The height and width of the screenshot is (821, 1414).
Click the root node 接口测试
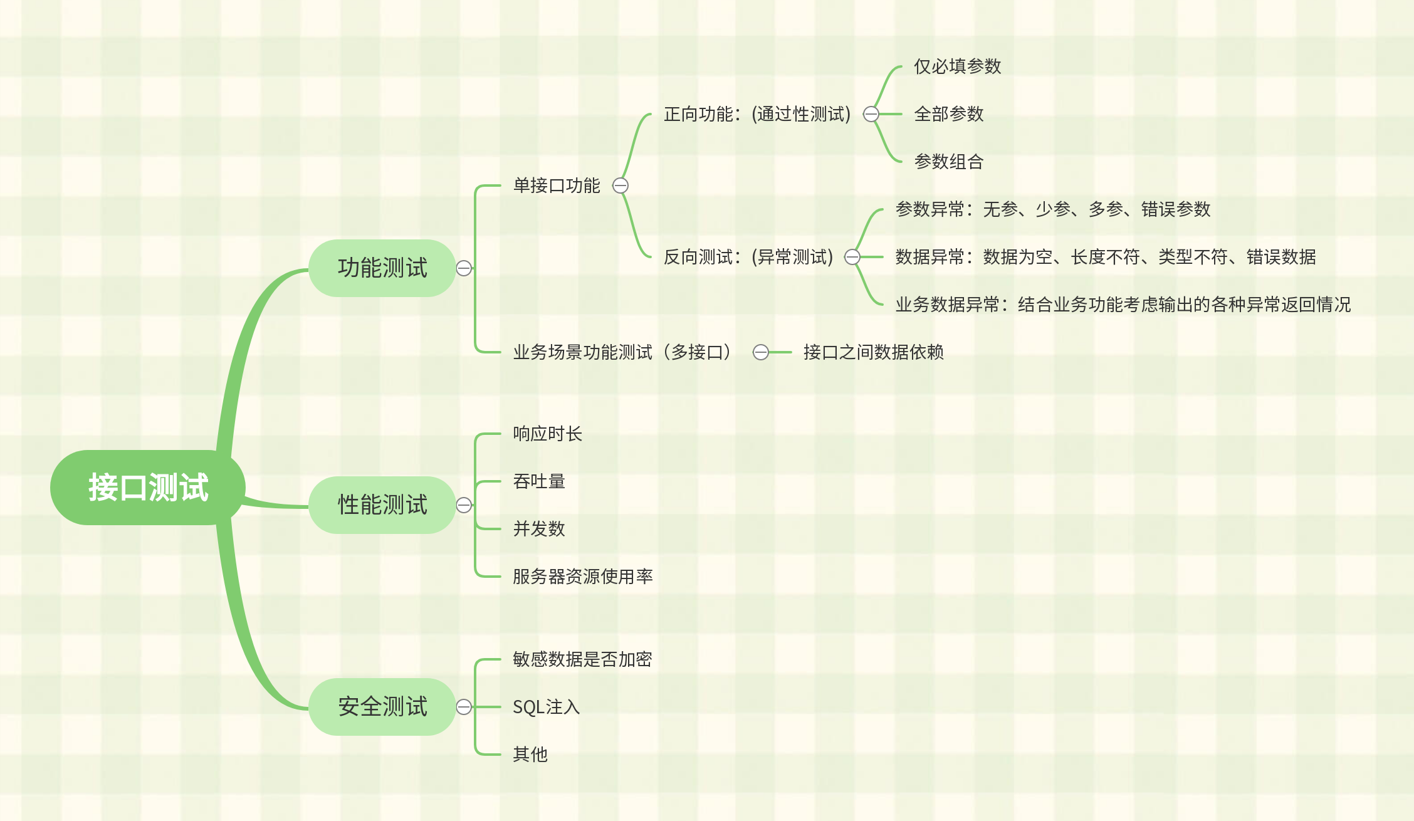click(148, 488)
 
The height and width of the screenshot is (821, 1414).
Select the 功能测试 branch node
click(382, 268)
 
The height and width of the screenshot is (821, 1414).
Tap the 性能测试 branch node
click(382, 505)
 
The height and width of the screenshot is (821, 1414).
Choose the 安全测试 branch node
click(382, 707)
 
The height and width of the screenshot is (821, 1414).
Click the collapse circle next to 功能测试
click(464, 268)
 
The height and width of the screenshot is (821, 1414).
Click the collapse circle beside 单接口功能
click(621, 186)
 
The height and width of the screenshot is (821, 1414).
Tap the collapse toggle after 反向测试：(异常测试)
click(852, 257)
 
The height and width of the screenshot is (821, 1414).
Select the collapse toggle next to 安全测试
click(464, 707)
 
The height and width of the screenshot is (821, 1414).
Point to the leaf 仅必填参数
click(957, 66)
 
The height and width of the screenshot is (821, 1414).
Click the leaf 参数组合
click(948, 162)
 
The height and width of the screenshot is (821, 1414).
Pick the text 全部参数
click(948, 114)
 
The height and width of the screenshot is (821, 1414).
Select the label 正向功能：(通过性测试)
click(757, 114)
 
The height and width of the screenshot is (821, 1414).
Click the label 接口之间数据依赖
click(873, 352)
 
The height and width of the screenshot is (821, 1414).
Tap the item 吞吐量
click(539, 481)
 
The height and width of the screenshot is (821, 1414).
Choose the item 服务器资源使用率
click(583, 577)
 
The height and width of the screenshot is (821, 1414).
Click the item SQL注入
click(546, 707)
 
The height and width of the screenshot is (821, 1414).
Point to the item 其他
click(530, 755)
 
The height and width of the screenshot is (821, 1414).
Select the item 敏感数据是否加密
click(582, 659)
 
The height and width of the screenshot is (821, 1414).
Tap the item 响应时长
click(547, 434)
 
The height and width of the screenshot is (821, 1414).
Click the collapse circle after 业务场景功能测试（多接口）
click(761, 352)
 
